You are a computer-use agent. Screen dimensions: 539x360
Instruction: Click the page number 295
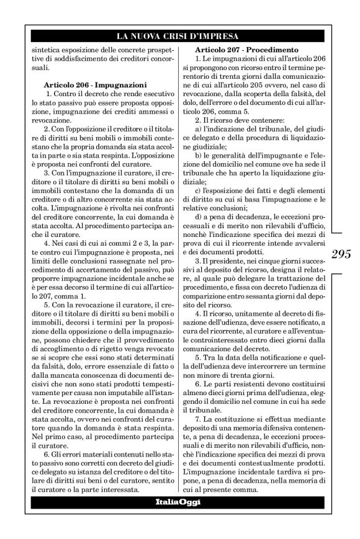(x=341, y=253)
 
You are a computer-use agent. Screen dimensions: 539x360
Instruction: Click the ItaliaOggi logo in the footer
(x=180, y=502)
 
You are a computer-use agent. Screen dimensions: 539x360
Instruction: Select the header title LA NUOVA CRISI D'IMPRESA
(x=180, y=36)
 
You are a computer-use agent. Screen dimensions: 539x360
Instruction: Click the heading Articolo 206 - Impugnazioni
(x=95, y=83)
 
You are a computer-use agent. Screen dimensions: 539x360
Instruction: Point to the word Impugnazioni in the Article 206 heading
(x=120, y=83)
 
